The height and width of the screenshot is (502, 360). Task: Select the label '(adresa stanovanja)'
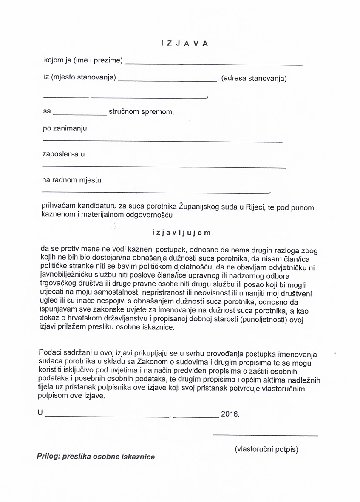click(254, 79)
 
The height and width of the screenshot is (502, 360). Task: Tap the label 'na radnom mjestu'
click(72, 180)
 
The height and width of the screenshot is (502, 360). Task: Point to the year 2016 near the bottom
click(230, 413)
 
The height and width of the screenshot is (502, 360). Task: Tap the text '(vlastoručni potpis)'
click(266, 449)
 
